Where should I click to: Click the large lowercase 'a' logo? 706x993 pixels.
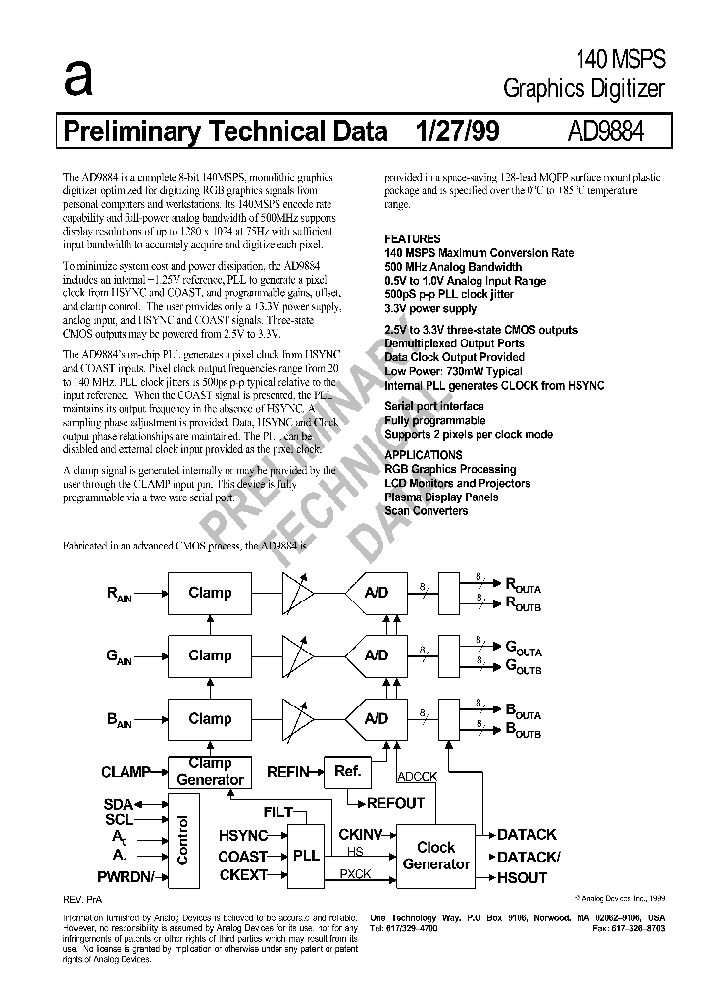pyautogui.click(x=77, y=78)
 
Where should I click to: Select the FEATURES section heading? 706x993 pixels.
pyautogui.click(x=412, y=239)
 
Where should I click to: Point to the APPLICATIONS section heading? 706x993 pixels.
pyautogui.click(x=423, y=455)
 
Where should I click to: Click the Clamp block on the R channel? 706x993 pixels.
pyautogui.click(x=210, y=593)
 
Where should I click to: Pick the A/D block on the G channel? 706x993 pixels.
pyautogui.click(x=376, y=655)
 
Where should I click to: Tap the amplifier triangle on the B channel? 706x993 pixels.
pyautogui.click(x=298, y=718)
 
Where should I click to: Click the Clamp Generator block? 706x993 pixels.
pyautogui.click(x=210, y=771)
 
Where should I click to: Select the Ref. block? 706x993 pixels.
pyautogui.click(x=348, y=772)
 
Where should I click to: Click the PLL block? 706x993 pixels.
pyautogui.click(x=307, y=855)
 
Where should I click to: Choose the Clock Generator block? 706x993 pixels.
pyautogui.click(x=436, y=855)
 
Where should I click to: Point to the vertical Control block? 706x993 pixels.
pyautogui.click(x=182, y=840)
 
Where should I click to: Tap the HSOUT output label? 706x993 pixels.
pyautogui.click(x=522, y=877)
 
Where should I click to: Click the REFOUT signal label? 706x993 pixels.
pyautogui.click(x=395, y=803)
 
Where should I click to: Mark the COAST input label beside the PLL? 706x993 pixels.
pyautogui.click(x=243, y=857)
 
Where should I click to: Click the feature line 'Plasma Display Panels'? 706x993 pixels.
pyautogui.click(x=440, y=496)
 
